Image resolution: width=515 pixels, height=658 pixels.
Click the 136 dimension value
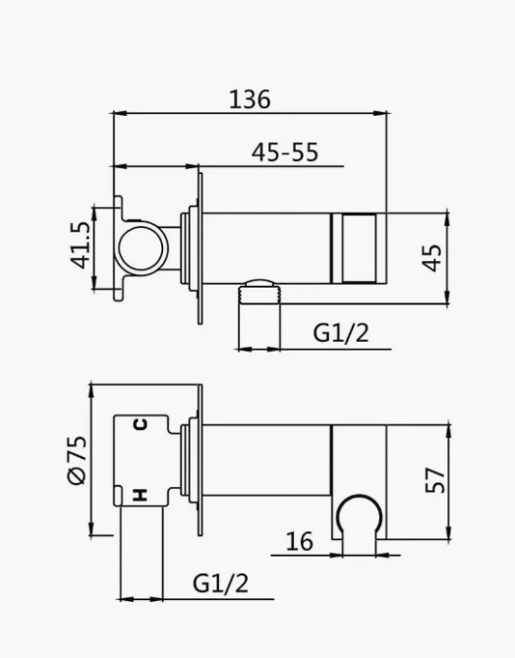250,98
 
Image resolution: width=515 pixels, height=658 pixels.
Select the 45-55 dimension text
285,152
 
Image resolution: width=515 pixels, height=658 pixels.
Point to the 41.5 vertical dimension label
81,245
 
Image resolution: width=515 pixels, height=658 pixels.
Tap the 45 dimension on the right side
433,256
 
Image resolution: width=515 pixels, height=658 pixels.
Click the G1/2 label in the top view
341,333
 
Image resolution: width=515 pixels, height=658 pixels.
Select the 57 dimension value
434,478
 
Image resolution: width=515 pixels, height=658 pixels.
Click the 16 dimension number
301,540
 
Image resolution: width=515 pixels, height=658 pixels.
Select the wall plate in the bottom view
200,458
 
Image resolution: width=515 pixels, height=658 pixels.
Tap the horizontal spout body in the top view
265,246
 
